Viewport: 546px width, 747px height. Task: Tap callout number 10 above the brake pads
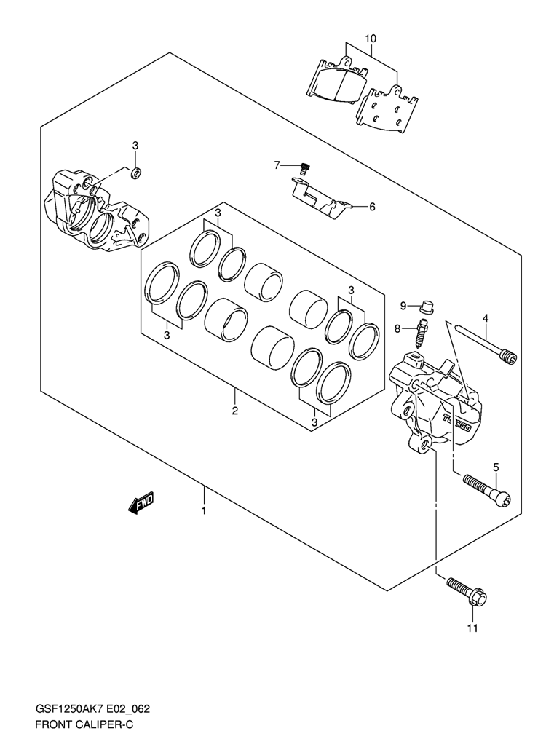click(x=371, y=38)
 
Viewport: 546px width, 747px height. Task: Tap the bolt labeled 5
click(x=486, y=491)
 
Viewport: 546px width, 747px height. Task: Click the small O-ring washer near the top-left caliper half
click(x=136, y=173)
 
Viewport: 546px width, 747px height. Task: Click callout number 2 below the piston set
click(x=235, y=411)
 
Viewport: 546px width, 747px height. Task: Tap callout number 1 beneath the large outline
click(x=204, y=511)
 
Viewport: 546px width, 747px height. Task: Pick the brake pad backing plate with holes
click(x=387, y=108)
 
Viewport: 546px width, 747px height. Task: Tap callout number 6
click(x=372, y=207)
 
